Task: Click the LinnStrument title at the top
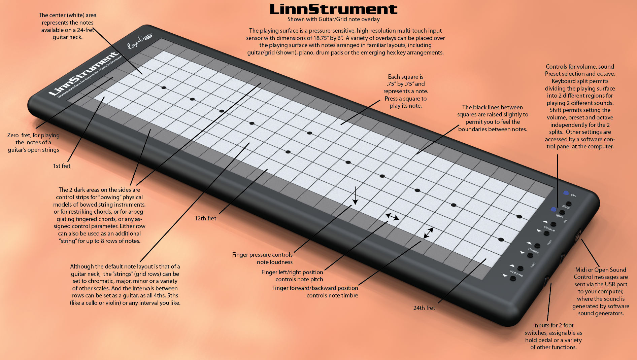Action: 333,9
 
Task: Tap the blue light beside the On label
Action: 566,193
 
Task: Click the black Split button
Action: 562,212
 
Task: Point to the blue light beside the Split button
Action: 553,209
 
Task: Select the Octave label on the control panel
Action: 549,228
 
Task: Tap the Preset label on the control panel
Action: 533,250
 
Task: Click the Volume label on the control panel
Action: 516,273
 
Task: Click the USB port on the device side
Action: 578,235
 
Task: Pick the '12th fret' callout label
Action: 205,218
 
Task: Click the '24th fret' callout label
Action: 424,308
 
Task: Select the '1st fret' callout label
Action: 62,166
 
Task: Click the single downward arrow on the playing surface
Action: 355,195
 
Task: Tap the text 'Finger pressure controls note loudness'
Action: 262,258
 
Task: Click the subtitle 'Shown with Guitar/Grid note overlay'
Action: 333,20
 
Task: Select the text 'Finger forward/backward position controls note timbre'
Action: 315,292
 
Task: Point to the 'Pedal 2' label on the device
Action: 549,242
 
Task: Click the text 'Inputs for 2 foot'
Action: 553,325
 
